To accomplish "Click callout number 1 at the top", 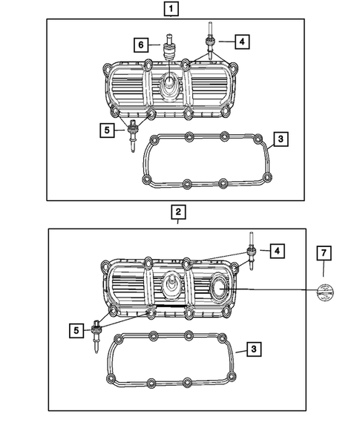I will (x=171, y=10).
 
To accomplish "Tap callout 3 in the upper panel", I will (x=279, y=139).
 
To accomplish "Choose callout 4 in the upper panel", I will (x=241, y=42).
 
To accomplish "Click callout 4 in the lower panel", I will (x=275, y=252).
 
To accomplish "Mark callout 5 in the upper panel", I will (x=108, y=131).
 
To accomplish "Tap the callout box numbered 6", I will (x=139, y=45).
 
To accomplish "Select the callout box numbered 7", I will (x=324, y=254).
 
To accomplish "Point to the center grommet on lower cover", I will (x=171, y=287).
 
